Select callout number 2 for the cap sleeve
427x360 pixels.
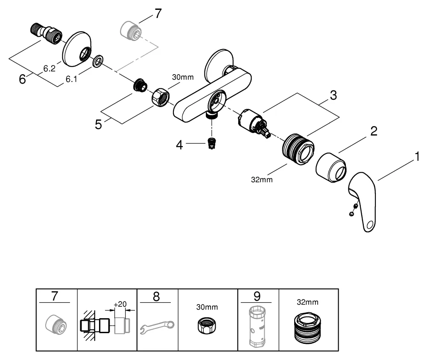[374, 131]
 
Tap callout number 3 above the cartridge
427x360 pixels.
[333, 96]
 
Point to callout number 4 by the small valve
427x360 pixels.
[180, 145]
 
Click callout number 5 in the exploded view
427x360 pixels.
[99, 125]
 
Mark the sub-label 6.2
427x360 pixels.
[49, 68]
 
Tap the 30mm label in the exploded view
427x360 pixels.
[183, 78]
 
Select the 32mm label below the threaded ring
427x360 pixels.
[261, 180]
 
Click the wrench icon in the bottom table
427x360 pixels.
[157, 327]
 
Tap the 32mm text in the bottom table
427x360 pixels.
[308, 302]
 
